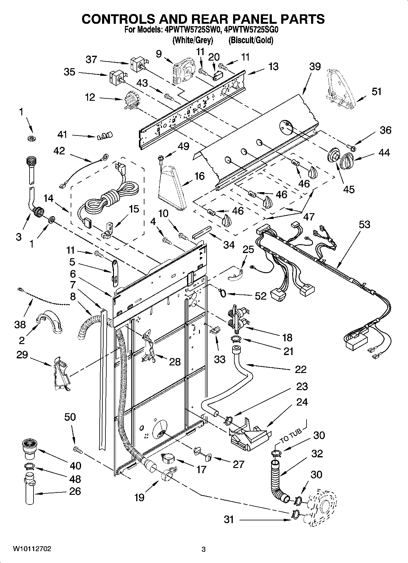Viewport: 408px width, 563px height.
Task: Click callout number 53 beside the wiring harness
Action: pyautogui.click(x=364, y=225)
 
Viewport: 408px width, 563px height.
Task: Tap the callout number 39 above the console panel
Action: pyautogui.click(x=315, y=66)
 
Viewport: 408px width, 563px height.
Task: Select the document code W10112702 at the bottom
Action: pyautogui.click(x=32, y=549)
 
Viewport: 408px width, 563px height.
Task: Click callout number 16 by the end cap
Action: pyautogui.click(x=199, y=176)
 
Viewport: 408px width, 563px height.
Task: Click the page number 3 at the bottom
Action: pyautogui.click(x=204, y=550)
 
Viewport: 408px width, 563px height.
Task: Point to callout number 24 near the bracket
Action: pyautogui.click(x=302, y=402)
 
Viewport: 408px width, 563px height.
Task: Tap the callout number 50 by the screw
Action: pyautogui.click(x=70, y=417)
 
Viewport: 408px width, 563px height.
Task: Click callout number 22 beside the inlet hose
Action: pyautogui.click(x=300, y=369)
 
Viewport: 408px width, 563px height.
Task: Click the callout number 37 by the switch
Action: pyautogui.click(x=91, y=60)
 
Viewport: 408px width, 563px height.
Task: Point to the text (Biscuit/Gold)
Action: pyautogui.click(x=250, y=40)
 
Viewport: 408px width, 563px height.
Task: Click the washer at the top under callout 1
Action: pyautogui.click(x=30, y=139)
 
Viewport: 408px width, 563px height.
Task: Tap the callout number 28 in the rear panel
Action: pyautogui.click(x=175, y=362)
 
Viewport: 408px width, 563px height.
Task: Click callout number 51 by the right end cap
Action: pyautogui.click(x=376, y=91)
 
